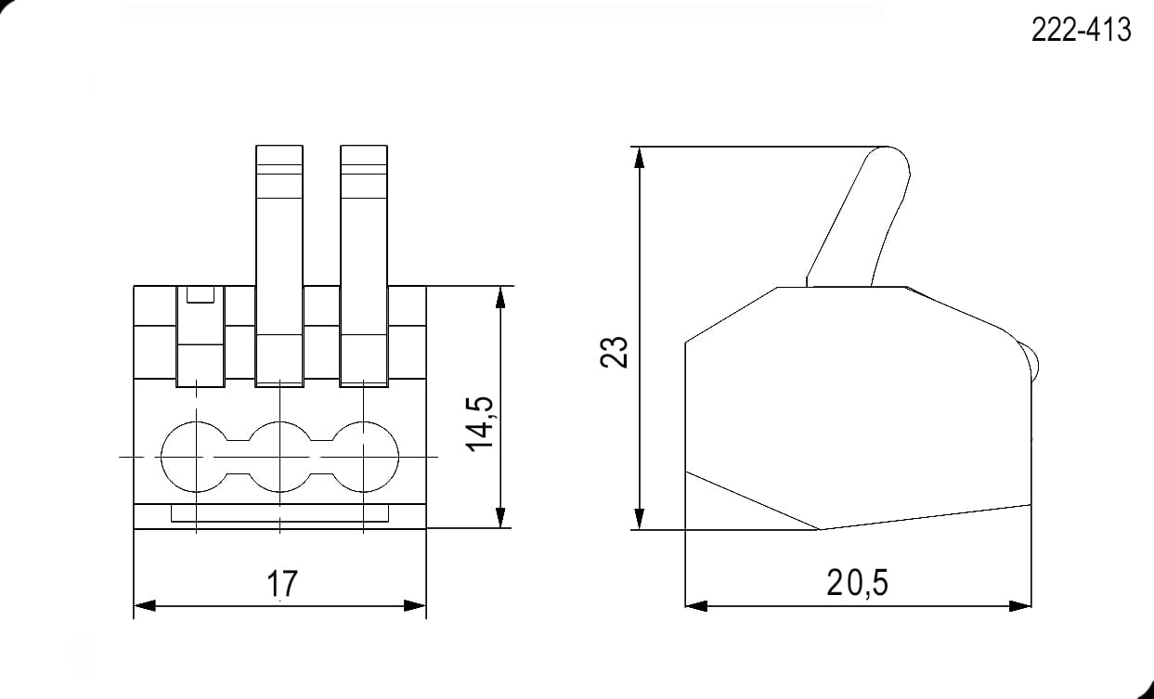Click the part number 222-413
coord(1081,30)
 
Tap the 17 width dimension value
coord(282,584)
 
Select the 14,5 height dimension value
coord(480,424)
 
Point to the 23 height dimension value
coord(614,352)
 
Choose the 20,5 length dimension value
coord(857,583)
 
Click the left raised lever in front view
coord(279,265)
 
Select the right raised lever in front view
coord(364,265)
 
